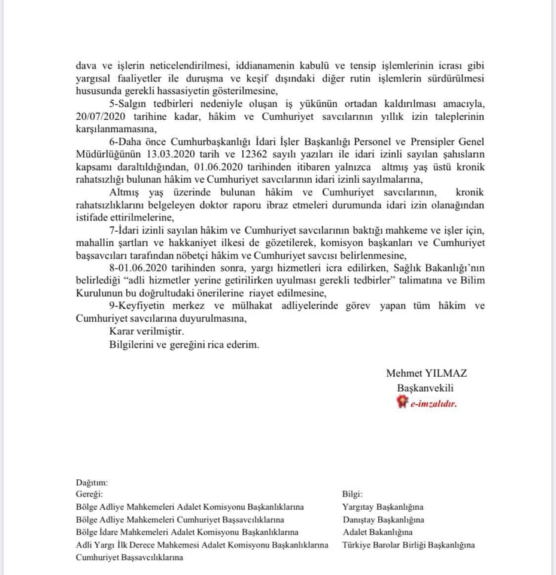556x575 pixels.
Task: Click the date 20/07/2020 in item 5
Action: click(x=99, y=116)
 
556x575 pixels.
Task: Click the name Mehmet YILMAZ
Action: click(x=427, y=373)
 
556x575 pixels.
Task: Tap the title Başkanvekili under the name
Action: click(x=426, y=389)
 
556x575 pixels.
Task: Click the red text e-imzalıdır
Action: click(x=433, y=404)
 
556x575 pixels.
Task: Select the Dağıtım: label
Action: click(x=91, y=482)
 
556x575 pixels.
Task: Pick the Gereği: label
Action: click(x=90, y=494)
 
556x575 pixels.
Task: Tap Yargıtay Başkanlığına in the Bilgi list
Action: click(x=382, y=507)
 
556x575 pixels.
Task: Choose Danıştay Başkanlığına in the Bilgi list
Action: click(x=383, y=520)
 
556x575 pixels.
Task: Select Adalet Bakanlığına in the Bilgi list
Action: click(x=378, y=532)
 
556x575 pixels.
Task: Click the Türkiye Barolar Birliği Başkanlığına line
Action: click(x=408, y=545)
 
